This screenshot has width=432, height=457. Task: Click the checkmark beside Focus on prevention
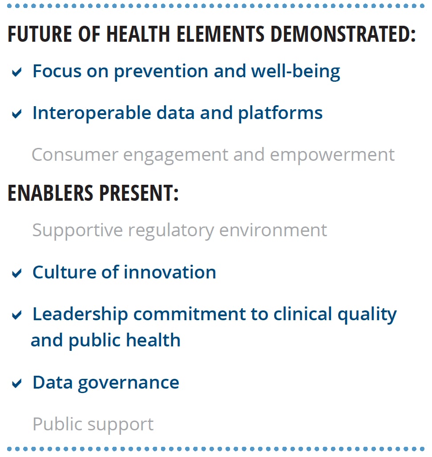pyautogui.click(x=16, y=72)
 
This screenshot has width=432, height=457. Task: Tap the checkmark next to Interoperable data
pyautogui.click(x=16, y=113)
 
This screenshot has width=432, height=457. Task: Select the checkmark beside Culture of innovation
pyautogui.click(x=16, y=273)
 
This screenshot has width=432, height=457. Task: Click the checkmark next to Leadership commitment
pyautogui.click(x=16, y=314)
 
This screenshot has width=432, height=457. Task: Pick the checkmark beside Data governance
pyautogui.click(x=16, y=383)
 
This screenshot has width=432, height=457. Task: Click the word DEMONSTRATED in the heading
pyautogui.click(x=343, y=34)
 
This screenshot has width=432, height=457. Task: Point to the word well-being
pyautogui.click(x=296, y=72)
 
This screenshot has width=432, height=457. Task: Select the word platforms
pyautogui.click(x=280, y=113)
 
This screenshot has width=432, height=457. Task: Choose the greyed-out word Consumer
pyautogui.click(x=75, y=155)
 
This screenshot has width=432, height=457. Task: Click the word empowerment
pyautogui.click(x=332, y=155)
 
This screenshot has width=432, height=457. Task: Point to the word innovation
pyautogui.click(x=170, y=272)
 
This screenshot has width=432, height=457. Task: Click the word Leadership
pyautogui.click(x=80, y=315)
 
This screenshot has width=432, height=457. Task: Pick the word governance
pyautogui.click(x=129, y=383)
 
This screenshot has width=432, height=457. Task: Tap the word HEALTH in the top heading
pyautogui.click(x=138, y=34)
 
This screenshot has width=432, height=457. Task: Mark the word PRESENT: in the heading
pyautogui.click(x=139, y=193)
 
